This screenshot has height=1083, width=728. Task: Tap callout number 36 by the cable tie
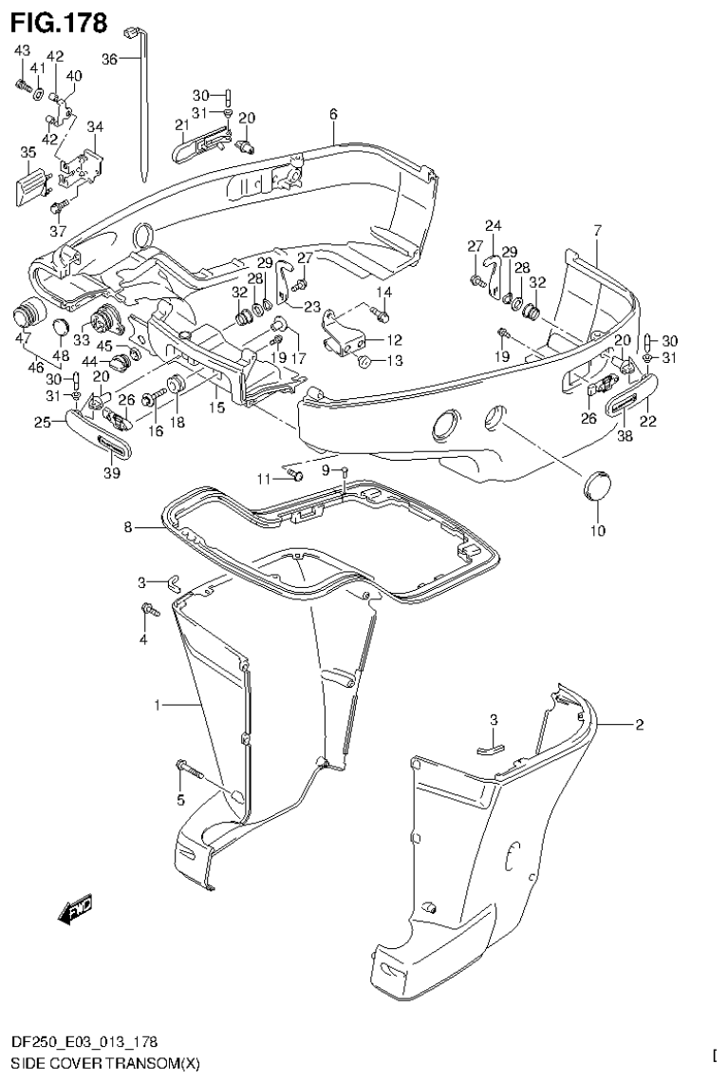pyautogui.click(x=109, y=59)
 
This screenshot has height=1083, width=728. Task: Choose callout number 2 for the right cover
pyautogui.click(x=639, y=725)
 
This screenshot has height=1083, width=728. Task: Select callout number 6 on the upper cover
pyautogui.click(x=333, y=115)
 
